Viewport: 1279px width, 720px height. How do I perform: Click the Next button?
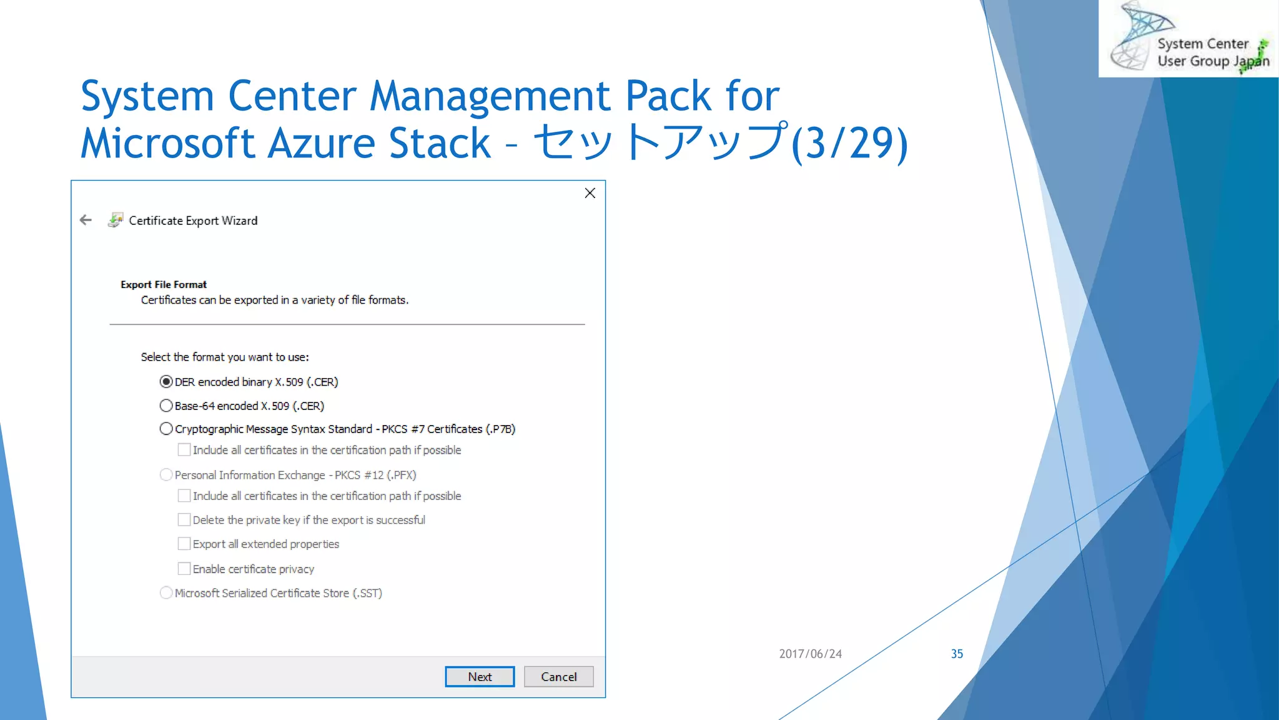click(x=480, y=676)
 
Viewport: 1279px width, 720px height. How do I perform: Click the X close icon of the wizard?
click(x=590, y=193)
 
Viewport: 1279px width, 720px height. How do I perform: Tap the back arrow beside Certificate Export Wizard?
click(x=86, y=220)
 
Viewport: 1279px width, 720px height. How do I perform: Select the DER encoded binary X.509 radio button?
click(x=166, y=382)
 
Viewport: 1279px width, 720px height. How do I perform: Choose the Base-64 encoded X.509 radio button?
click(x=166, y=406)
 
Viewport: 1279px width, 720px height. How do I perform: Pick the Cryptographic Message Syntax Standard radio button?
click(x=166, y=429)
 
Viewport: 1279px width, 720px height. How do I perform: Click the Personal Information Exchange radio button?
click(x=166, y=475)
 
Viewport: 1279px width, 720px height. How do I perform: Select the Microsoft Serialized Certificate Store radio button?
click(x=166, y=592)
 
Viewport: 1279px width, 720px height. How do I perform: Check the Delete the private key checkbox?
click(x=184, y=520)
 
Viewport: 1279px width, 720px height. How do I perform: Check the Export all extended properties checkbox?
click(x=184, y=544)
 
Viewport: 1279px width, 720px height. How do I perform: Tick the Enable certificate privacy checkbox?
click(x=184, y=569)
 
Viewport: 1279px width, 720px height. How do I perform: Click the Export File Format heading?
click(x=164, y=284)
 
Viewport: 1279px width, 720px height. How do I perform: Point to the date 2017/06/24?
click(x=810, y=654)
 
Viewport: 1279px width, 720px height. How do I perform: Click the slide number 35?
click(x=957, y=654)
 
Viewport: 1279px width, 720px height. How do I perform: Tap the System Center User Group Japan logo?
click(x=1188, y=39)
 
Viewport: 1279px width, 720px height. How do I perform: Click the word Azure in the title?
click(x=317, y=142)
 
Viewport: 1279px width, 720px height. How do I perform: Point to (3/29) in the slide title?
click(x=849, y=142)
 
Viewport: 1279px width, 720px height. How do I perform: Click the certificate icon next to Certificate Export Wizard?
click(x=116, y=220)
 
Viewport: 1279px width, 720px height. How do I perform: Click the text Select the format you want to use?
click(x=225, y=357)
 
